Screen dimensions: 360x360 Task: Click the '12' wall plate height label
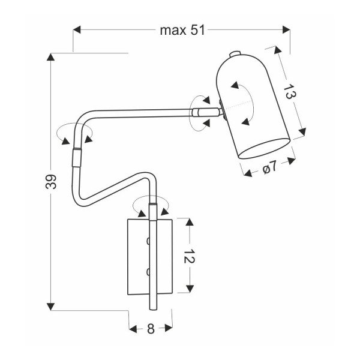click(x=189, y=256)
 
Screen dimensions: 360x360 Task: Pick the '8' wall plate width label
click(x=150, y=328)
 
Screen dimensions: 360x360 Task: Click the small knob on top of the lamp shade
click(x=235, y=54)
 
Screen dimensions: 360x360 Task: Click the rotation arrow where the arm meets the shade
click(x=200, y=111)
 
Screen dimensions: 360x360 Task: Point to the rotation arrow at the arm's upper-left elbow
click(x=73, y=133)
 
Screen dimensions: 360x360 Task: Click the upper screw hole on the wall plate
click(x=148, y=242)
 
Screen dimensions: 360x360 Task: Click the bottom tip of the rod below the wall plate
click(x=152, y=310)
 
